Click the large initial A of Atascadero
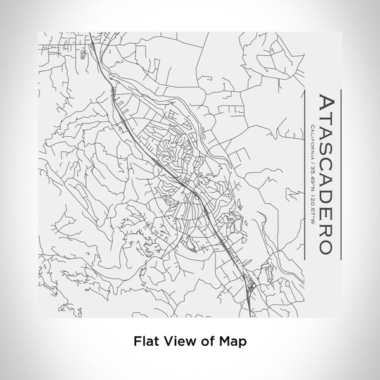click(x=324, y=103)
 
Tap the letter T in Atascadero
click(x=324, y=119)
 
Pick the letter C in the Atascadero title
click(x=324, y=163)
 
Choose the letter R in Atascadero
click(x=324, y=227)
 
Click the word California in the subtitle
click(x=310, y=143)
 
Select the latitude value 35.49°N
click(x=310, y=180)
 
